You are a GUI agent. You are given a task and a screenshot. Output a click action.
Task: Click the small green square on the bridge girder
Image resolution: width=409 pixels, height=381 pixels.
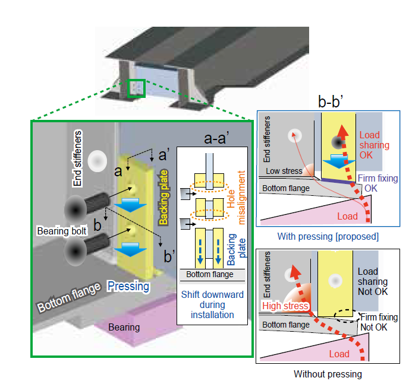[137, 87]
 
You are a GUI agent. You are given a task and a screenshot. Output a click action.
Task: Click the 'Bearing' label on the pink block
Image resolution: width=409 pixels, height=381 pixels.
[124, 327]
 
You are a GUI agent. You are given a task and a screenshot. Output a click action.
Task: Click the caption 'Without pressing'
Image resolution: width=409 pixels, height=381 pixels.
[328, 374]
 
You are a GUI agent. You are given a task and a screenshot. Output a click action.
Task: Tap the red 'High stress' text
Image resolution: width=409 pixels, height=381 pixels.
[285, 306]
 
